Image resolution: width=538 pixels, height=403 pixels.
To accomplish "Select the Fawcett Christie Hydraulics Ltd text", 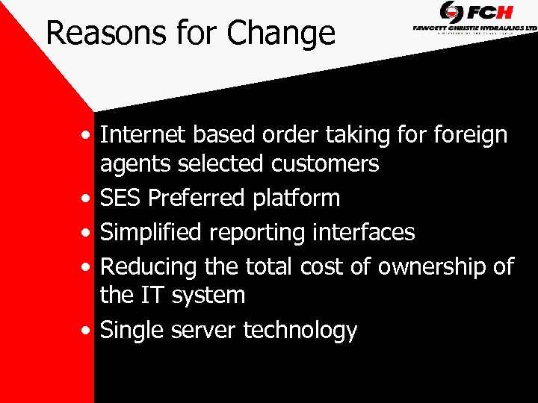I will pos(474,28).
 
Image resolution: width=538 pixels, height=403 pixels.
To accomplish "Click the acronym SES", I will pos(120,198).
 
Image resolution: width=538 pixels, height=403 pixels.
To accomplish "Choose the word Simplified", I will pos(152,233).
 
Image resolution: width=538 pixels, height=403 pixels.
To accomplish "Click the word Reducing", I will pos(149,267).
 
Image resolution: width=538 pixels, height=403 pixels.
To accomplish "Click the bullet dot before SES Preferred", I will pos(89,199).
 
